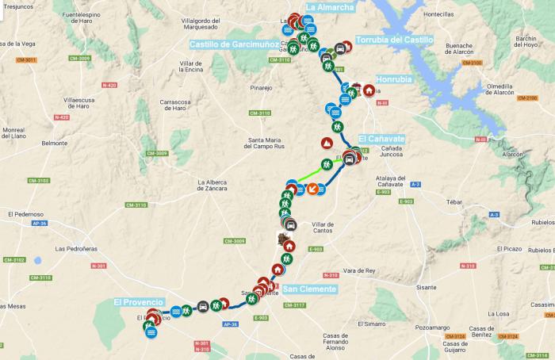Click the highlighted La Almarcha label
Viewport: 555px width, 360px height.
click(x=329, y=7)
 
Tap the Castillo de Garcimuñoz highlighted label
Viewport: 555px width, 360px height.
click(x=233, y=45)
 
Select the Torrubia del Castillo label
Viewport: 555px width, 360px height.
click(x=394, y=40)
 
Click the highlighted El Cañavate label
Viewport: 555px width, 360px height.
click(x=381, y=139)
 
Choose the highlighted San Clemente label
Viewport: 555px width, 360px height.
click(x=309, y=289)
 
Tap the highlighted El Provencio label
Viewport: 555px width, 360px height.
click(x=138, y=302)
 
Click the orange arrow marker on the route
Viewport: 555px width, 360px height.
click(x=313, y=189)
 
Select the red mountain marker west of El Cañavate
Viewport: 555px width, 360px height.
click(x=326, y=144)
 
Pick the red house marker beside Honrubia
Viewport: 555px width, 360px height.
click(x=369, y=90)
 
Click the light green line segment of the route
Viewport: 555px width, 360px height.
click(x=315, y=174)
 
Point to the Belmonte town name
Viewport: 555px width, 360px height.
click(x=55, y=144)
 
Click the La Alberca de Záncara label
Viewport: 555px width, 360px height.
click(x=212, y=186)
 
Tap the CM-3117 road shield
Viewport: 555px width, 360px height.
click(x=294, y=305)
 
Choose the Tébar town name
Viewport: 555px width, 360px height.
click(x=454, y=202)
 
